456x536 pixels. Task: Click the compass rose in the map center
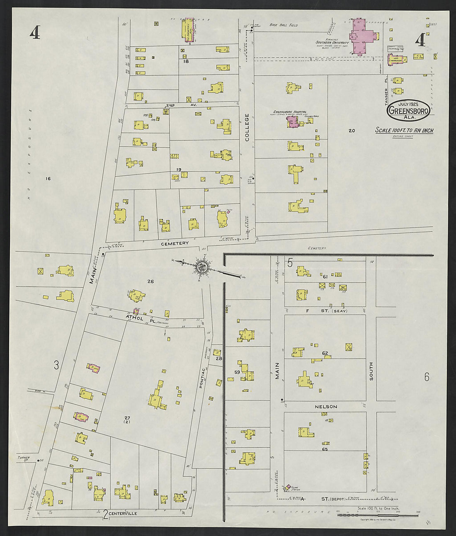tap(203, 267)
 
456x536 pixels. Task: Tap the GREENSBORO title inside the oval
tap(408, 111)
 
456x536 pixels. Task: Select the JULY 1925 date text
tap(408, 104)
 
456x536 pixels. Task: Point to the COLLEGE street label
tap(247, 127)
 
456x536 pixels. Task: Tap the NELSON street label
tap(326, 407)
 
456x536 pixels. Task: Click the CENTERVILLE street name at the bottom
tap(123, 513)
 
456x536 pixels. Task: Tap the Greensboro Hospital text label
tap(290, 112)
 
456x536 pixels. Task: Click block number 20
tap(352, 131)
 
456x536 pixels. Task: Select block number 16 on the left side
tap(48, 179)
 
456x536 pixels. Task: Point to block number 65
tap(325, 449)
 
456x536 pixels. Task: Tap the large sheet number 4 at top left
tap(35, 32)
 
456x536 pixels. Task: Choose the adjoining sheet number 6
tap(427, 377)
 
